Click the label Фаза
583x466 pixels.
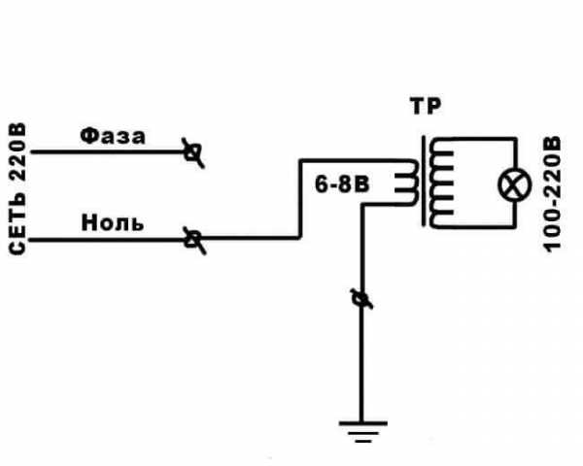click(113, 136)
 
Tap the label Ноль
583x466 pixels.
click(113, 223)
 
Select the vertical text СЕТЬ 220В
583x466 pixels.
click(17, 188)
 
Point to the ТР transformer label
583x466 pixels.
click(427, 106)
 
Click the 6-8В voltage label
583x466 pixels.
click(342, 184)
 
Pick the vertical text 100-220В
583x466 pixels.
click(553, 194)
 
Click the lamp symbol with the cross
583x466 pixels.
click(515, 185)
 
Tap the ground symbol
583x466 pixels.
click(362, 432)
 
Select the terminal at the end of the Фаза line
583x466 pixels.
click(193, 152)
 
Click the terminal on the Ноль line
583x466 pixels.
click(194, 240)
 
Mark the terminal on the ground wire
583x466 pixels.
click(361, 298)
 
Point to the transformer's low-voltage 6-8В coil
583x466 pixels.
click(407, 183)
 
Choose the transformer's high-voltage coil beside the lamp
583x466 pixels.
click(441, 183)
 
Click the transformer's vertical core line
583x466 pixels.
click(424, 181)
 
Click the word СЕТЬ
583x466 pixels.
click(17, 224)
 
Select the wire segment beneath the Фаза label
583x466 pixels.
click(109, 152)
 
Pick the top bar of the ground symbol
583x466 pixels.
click(362, 423)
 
